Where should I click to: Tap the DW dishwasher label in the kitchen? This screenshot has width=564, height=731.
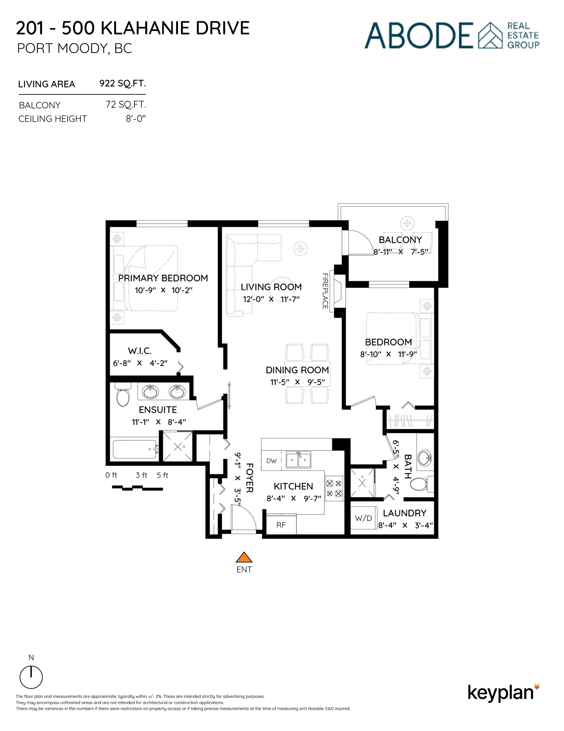(272, 461)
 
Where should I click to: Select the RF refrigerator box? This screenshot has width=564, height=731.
(281, 525)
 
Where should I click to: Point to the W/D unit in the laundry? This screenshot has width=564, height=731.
(363, 518)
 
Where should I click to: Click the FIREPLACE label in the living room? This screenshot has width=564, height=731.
(325, 291)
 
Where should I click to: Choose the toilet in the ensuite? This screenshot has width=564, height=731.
(123, 395)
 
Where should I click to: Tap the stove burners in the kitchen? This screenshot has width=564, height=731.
(334, 488)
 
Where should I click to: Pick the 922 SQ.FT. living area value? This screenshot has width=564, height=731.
(122, 83)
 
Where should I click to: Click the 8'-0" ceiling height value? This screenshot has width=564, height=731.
(136, 119)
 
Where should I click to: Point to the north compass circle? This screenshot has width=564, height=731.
(31, 677)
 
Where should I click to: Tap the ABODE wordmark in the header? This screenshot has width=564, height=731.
(419, 36)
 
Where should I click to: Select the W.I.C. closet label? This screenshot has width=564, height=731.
(140, 351)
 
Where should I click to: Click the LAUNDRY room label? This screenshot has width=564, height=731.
(405, 513)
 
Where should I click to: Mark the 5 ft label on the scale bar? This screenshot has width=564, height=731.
(163, 475)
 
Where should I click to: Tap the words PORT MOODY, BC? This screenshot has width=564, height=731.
(74, 49)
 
